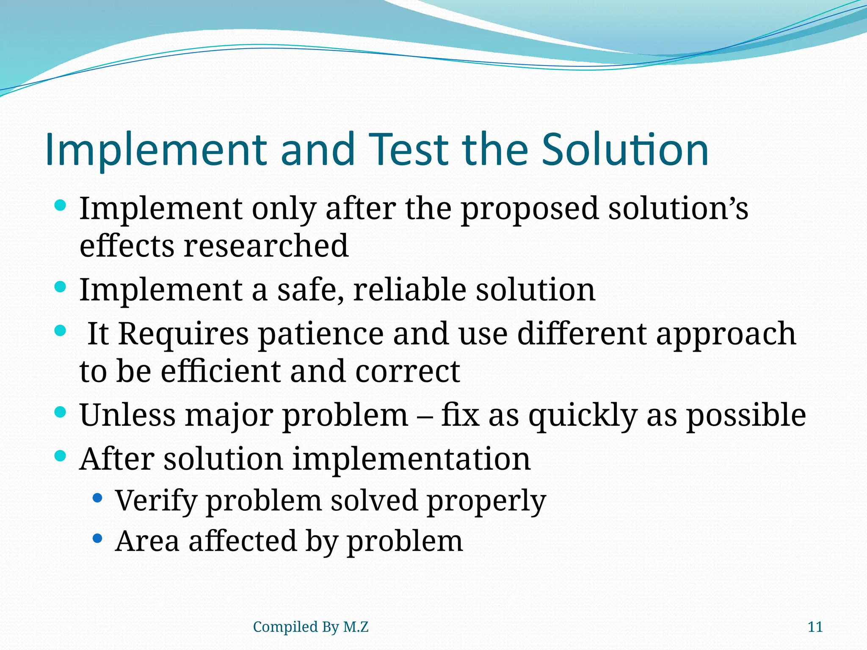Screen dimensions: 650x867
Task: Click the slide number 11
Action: pos(815,627)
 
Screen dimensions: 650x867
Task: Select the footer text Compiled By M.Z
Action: pos(310,627)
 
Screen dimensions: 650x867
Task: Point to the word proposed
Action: pos(529,209)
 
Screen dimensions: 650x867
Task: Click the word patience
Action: pos(321,334)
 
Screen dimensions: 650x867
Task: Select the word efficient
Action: pos(221,371)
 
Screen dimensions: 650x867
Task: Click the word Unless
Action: pos(127,415)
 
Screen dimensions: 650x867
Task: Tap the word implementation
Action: pos(411,459)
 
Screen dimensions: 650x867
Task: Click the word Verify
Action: pos(156,501)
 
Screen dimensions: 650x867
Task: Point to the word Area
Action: pos(147,541)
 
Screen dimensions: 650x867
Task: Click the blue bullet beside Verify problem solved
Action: pos(97,498)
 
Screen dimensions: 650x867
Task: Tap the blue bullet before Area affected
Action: pos(97,539)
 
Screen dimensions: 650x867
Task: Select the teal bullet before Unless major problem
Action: pos(61,412)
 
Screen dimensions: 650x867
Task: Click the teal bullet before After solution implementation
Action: pos(61,456)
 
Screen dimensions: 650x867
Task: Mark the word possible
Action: pos(746,416)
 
